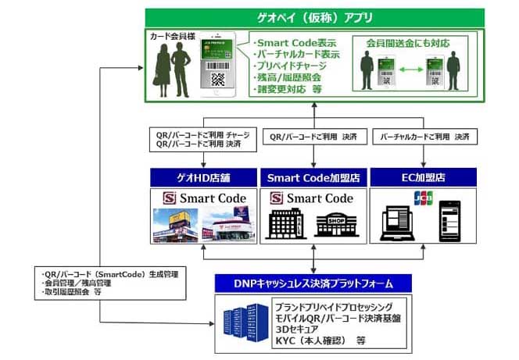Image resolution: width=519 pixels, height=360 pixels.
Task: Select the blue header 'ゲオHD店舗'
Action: [x=202, y=178]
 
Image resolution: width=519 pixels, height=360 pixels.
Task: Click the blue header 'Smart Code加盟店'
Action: [x=312, y=178]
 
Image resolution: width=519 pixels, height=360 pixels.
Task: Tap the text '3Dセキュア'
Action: [x=302, y=329]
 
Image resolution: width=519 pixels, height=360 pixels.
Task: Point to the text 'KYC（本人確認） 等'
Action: [x=320, y=341]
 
